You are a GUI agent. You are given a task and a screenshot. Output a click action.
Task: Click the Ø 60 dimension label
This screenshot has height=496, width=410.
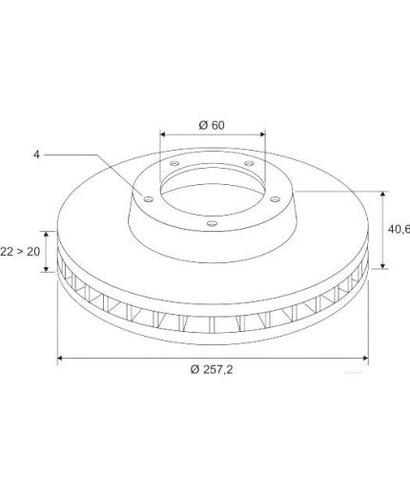click(212, 125)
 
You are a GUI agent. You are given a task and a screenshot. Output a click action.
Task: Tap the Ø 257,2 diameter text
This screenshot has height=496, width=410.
click(212, 369)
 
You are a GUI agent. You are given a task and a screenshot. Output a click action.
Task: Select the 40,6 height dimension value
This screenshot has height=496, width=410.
click(399, 229)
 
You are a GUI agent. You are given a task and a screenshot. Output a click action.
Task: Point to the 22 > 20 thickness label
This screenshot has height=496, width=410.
click(20, 252)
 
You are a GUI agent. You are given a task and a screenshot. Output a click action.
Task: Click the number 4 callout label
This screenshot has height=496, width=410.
click(37, 155)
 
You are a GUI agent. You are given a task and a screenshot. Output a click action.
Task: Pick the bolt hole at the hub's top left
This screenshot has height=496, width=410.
click(174, 163)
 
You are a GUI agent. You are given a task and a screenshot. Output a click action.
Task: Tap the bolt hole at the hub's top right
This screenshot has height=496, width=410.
click(249, 163)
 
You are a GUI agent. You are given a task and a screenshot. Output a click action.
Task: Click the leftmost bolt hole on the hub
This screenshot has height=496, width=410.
click(149, 199)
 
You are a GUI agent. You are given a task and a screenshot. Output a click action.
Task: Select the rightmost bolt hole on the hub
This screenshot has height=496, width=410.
click(275, 199)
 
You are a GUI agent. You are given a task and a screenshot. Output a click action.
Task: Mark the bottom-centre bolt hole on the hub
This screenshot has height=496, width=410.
click(212, 224)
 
